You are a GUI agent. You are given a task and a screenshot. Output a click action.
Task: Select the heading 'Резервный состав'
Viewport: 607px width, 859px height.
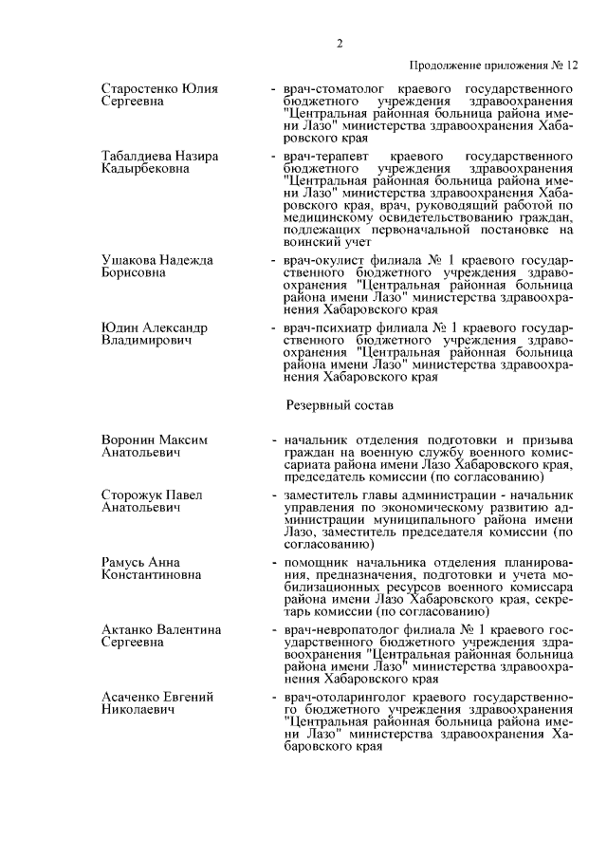pyautogui.click(x=340, y=404)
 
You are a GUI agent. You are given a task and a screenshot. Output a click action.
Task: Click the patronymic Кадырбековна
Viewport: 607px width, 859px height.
pyautogui.click(x=145, y=168)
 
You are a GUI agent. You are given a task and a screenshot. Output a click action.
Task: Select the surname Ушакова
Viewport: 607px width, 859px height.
pyautogui.click(x=129, y=259)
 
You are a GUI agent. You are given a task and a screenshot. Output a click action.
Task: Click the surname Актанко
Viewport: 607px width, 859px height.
pyautogui.click(x=129, y=629)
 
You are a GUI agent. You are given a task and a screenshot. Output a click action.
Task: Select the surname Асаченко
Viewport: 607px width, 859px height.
pyautogui.click(x=132, y=697)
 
